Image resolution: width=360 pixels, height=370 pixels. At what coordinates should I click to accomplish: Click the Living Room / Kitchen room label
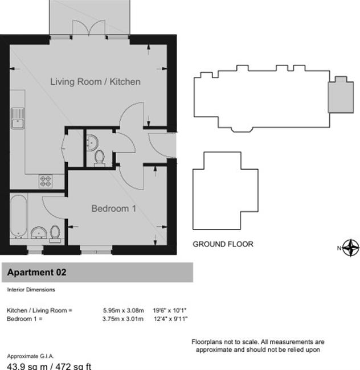(95, 81)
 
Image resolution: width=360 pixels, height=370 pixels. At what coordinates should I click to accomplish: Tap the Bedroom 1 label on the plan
(113, 208)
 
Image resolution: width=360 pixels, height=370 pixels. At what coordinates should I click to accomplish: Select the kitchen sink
(18, 118)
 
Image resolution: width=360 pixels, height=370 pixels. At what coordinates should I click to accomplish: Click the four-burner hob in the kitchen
(46, 181)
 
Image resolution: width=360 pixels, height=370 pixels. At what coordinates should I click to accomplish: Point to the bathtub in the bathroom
(19, 216)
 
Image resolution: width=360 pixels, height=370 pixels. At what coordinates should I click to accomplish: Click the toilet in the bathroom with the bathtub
(55, 234)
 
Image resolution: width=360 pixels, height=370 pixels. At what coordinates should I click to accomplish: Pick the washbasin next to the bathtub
(39, 232)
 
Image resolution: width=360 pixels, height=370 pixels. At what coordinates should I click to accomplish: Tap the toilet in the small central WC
(99, 158)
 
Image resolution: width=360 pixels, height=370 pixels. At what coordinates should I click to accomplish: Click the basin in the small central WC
(92, 142)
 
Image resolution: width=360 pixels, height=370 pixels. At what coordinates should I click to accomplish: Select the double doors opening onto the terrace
(89, 28)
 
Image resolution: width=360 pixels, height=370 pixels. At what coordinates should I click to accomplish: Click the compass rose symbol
(351, 248)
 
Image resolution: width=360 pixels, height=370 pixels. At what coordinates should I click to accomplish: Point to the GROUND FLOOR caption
(223, 244)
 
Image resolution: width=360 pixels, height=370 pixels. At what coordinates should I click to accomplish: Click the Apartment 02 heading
(36, 272)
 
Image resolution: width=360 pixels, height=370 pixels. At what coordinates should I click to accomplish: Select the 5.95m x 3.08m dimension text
(123, 310)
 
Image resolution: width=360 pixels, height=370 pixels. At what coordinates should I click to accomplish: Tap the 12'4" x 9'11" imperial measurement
(170, 319)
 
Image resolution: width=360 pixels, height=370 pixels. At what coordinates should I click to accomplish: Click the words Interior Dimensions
(31, 290)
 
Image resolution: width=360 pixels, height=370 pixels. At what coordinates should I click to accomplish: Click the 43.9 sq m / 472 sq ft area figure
(49, 366)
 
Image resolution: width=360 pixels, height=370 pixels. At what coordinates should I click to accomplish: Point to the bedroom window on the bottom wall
(96, 250)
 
